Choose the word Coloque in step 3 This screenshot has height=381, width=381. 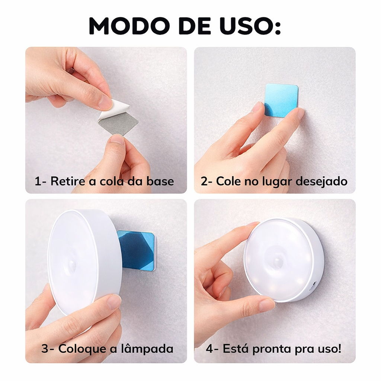[x=82, y=349]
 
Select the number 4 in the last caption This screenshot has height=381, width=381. [x=209, y=349]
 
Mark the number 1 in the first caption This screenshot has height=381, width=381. [x=38, y=182]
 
